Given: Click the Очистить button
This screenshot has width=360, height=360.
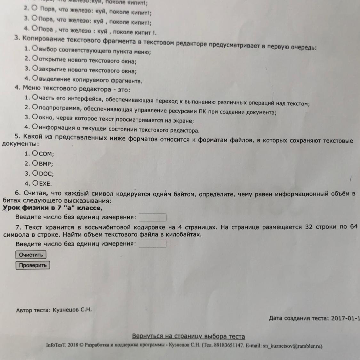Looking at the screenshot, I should click(x=31, y=255).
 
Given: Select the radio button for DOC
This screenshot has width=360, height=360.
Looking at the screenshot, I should click(x=36, y=173).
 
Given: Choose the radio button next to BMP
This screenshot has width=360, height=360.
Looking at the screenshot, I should click(x=36, y=163).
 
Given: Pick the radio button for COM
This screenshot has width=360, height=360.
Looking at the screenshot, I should click(x=36, y=153).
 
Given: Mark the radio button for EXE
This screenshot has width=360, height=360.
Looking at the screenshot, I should click(x=36, y=183).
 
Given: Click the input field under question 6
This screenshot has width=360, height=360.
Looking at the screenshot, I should click(x=152, y=217).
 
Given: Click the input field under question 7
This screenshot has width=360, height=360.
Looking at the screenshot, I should click(x=152, y=244).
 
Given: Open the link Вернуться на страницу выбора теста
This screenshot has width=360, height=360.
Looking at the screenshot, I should click(x=188, y=336).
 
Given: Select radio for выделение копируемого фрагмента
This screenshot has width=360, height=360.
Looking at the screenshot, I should click(x=36, y=78).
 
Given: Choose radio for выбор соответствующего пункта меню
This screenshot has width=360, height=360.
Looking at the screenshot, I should click(x=36, y=49).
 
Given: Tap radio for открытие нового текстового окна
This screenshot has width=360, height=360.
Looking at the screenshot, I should click(x=36, y=59).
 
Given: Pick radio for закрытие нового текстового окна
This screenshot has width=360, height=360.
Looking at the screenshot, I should click(x=36, y=68).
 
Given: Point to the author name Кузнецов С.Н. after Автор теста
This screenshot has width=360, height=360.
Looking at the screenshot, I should click(x=72, y=310).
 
